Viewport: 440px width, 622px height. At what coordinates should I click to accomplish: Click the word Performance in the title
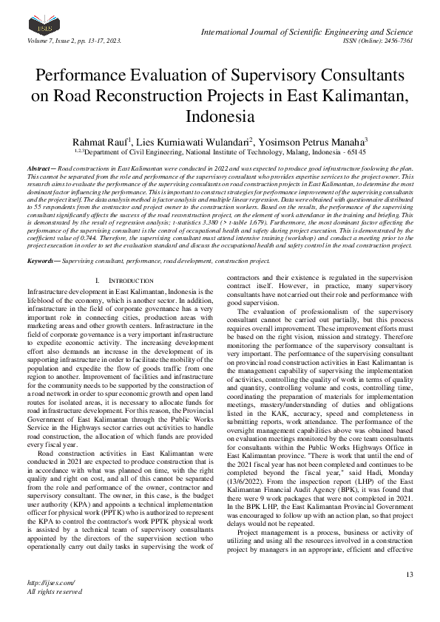pos(84,77)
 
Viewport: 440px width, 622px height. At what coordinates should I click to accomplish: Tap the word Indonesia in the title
pos(220,116)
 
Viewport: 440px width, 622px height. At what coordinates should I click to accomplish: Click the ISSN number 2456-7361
pos(395,41)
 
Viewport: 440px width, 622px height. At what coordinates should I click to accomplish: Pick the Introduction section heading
pos(128,281)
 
